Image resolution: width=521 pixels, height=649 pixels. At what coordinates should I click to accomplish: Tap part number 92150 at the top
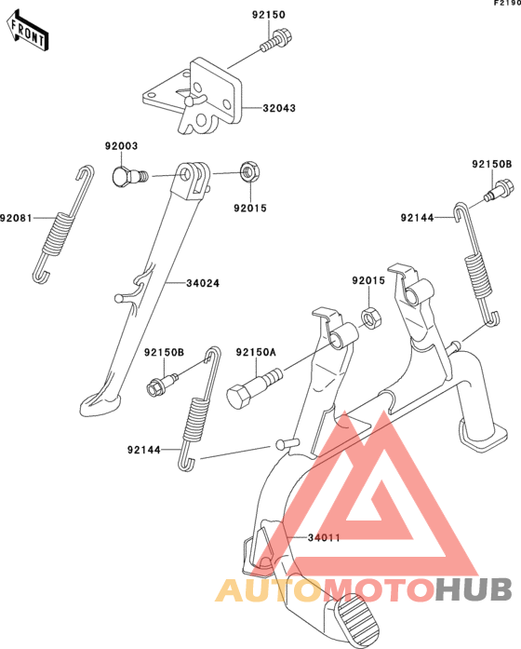point(269,15)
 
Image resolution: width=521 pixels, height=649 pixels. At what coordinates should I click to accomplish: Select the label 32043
point(279,108)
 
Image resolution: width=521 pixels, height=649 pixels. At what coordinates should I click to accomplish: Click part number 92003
point(121,146)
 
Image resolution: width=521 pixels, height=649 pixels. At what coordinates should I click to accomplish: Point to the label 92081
point(16,218)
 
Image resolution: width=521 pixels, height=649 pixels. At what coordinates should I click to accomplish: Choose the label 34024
point(203,283)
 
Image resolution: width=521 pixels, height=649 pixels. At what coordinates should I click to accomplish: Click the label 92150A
point(256,352)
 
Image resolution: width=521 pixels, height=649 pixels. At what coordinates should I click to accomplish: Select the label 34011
point(324,537)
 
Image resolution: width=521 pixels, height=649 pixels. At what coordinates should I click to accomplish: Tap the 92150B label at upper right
point(492,164)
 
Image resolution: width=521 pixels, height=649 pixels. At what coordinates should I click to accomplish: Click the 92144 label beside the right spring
point(417,218)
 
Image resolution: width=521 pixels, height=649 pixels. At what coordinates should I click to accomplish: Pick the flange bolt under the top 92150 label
point(276,39)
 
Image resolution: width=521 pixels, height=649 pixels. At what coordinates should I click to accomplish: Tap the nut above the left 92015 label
point(250,171)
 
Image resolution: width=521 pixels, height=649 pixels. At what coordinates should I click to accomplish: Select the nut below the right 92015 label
point(371,318)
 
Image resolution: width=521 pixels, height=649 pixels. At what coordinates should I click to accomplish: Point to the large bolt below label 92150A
point(254,387)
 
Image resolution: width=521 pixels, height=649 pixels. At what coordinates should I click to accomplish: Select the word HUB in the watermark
point(474,589)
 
